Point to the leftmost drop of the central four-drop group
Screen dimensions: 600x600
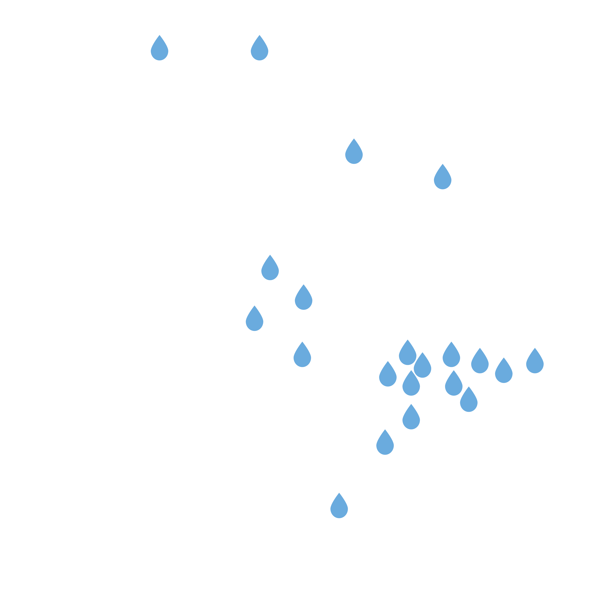[x=254, y=320]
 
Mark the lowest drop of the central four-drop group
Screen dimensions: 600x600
[x=302, y=356]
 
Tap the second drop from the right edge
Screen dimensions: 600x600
[x=504, y=372]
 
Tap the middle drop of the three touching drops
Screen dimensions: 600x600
[x=422, y=367]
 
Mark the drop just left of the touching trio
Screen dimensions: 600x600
[x=388, y=375]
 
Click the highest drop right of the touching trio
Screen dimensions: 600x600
[x=451, y=356]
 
